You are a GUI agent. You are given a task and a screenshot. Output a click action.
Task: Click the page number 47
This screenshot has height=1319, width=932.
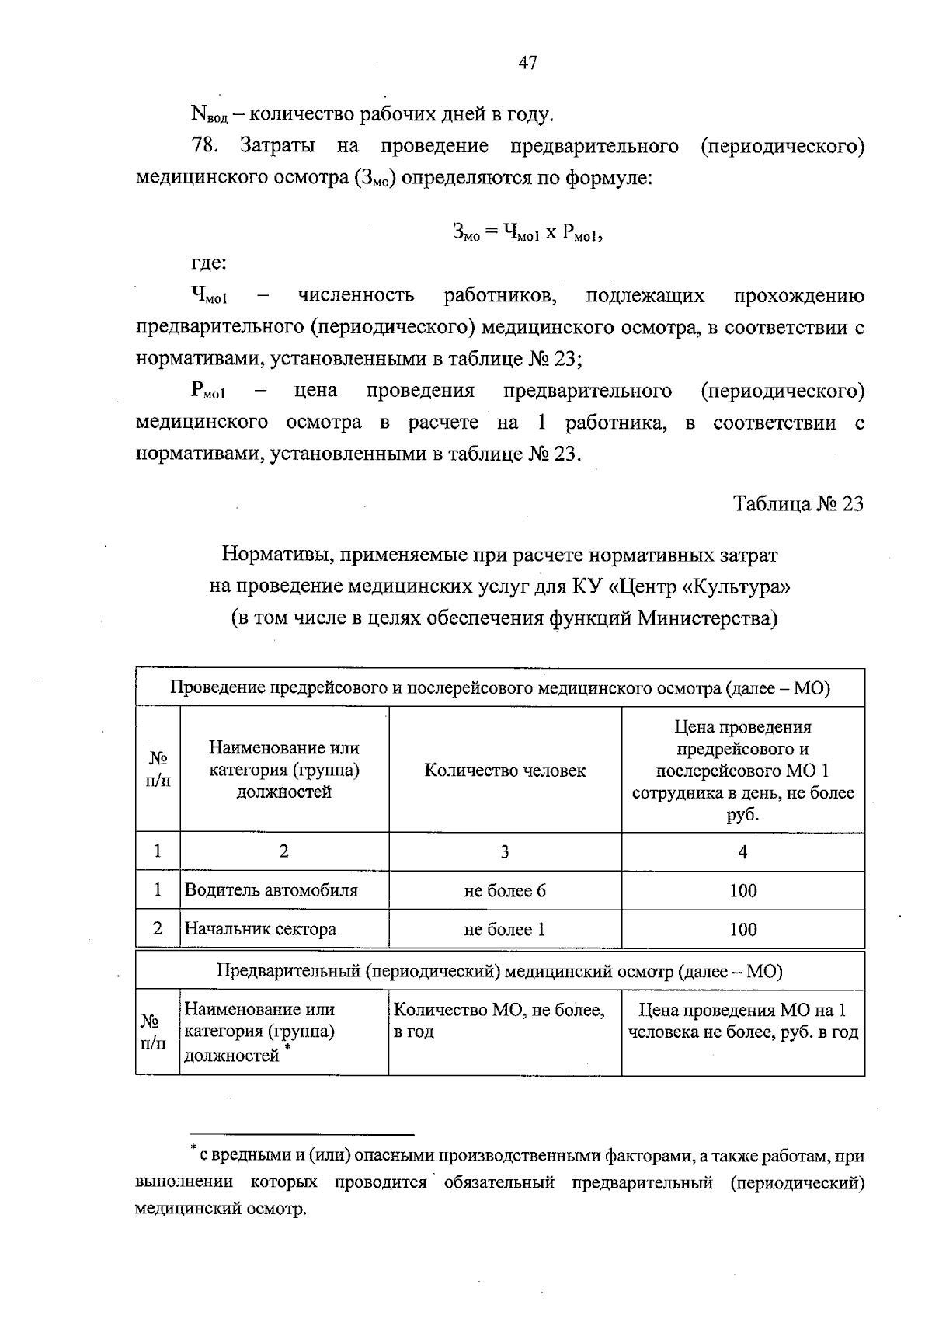click(x=527, y=64)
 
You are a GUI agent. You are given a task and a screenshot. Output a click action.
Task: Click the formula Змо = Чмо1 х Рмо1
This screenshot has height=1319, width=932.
click(x=527, y=232)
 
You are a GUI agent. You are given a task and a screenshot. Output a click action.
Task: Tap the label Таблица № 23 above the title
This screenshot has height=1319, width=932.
click(x=799, y=504)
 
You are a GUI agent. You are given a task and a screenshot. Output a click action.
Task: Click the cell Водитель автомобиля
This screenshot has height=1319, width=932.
click(x=271, y=890)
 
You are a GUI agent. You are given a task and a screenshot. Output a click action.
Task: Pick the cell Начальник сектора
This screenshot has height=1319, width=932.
click(x=260, y=929)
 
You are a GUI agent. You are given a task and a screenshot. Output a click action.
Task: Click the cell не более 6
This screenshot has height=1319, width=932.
click(x=505, y=890)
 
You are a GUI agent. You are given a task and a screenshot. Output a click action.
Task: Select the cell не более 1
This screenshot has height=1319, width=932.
click(x=505, y=929)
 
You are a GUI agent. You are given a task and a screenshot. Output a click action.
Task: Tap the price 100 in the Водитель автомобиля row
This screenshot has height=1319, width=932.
click(x=742, y=890)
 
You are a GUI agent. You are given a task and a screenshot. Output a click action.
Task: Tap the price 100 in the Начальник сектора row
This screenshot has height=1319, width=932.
click(x=742, y=929)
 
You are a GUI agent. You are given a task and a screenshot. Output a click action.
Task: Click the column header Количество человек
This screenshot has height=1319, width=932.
click(x=505, y=771)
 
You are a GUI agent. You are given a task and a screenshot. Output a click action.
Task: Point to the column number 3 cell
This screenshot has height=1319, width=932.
click(x=505, y=852)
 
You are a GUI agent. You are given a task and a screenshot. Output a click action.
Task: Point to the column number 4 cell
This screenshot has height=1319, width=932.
click(x=742, y=852)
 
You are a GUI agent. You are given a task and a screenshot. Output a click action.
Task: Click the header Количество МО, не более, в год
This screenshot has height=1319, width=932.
click(x=499, y=1021)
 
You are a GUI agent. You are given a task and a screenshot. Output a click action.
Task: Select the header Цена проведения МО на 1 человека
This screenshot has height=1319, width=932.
click(x=742, y=1021)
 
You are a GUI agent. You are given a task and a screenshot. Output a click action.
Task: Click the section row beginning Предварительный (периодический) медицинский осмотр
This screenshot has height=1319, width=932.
click(x=499, y=971)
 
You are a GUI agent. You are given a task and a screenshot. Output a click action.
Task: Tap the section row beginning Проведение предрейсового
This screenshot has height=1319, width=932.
click(x=499, y=688)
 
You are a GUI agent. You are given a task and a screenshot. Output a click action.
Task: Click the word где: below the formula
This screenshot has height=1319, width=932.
click(x=209, y=263)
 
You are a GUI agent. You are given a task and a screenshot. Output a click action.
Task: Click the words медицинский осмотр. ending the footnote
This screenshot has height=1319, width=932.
click(x=221, y=1209)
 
